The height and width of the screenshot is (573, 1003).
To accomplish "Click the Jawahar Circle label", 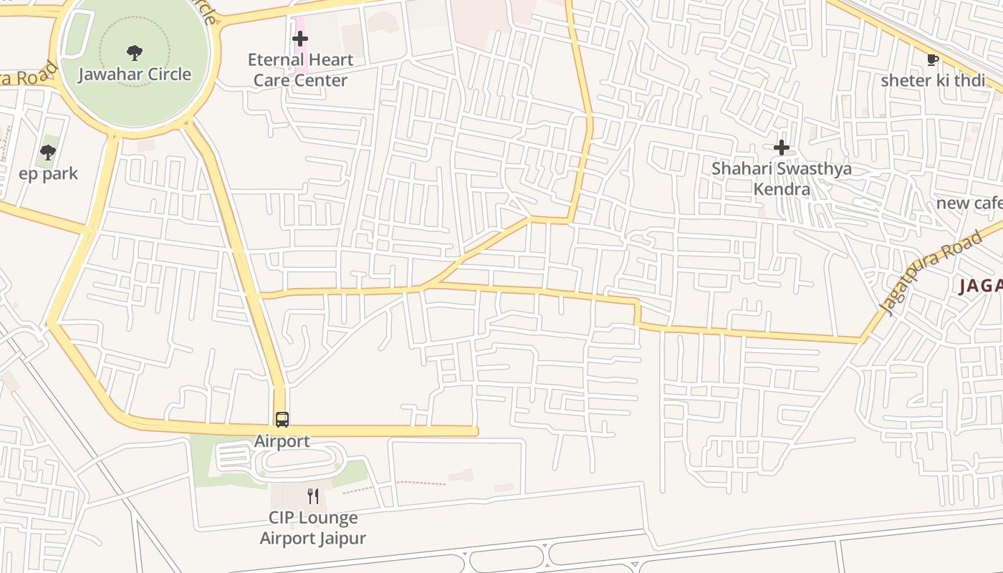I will pyautogui.click(x=135, y=74).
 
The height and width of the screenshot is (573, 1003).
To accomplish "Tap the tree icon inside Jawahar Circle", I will pyautogui.click(x=134, y=52).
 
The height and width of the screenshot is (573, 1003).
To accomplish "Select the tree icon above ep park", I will pyautogui.click(x=48, y=152).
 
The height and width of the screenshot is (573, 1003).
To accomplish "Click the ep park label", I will pyautogui.click(x=48, y=174).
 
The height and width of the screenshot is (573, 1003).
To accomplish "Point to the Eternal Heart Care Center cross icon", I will pyautogui.click(x=300, y=39).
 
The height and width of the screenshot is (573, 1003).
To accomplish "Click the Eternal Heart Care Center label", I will pyautogui.click(x=300, y=69).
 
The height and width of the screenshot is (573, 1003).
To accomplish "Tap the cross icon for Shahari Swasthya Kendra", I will pyautogui.click(x=781, y=148).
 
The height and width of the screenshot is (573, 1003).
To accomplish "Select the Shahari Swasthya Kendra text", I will pyautogui.click(x=781, y=178).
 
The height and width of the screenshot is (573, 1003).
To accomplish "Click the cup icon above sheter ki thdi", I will pyautogui.click(x=932, y=59).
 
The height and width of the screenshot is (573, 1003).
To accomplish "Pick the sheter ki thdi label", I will pyautogui.click(x=933, y=80).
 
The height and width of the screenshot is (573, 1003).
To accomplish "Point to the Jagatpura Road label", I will pyautogui.click(x=930, y=273).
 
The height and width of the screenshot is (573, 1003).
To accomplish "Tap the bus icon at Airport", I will pyautogui.click(x=282, y=420).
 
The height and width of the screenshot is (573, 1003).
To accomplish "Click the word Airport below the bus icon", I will pyautogui.click(x=282, y=441).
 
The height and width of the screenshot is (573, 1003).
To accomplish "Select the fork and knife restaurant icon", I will pyautogui.click(x=313, y=496).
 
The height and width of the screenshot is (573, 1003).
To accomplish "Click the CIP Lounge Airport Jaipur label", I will pyautogui.click(x=313, y=528).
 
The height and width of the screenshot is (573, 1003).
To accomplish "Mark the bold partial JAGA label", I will pyautogui.click(x=981, y=286).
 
